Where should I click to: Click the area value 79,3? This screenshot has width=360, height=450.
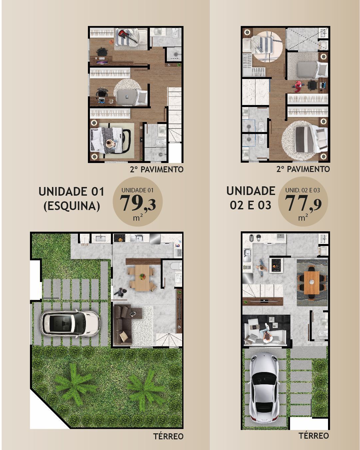tap(138, 203)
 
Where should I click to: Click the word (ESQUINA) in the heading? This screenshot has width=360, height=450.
tap(72, 206)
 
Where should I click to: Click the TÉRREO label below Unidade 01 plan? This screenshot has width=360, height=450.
tap(168, 436)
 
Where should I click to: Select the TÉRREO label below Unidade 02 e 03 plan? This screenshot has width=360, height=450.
tap(313, 436)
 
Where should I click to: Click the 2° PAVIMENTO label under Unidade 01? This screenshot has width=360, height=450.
tap(157, 169)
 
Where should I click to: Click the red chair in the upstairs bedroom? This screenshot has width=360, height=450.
tap(298, 86)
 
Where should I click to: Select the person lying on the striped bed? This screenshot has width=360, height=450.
tap(110, 143)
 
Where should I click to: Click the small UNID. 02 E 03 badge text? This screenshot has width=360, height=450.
tap(302, 190)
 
